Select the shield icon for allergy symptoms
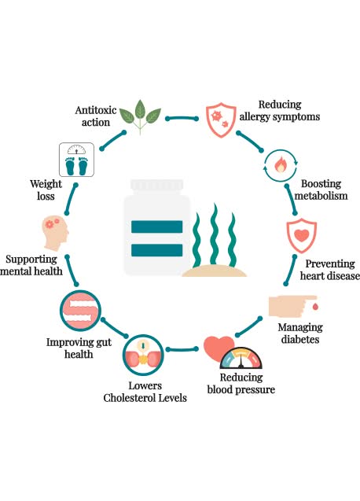221,119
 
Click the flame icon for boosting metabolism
281,166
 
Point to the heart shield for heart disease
300,236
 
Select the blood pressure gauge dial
241,359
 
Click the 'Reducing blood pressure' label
241,382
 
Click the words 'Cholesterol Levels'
146,398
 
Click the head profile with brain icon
61,233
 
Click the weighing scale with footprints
78,159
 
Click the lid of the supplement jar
156,188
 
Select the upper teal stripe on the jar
157,228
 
